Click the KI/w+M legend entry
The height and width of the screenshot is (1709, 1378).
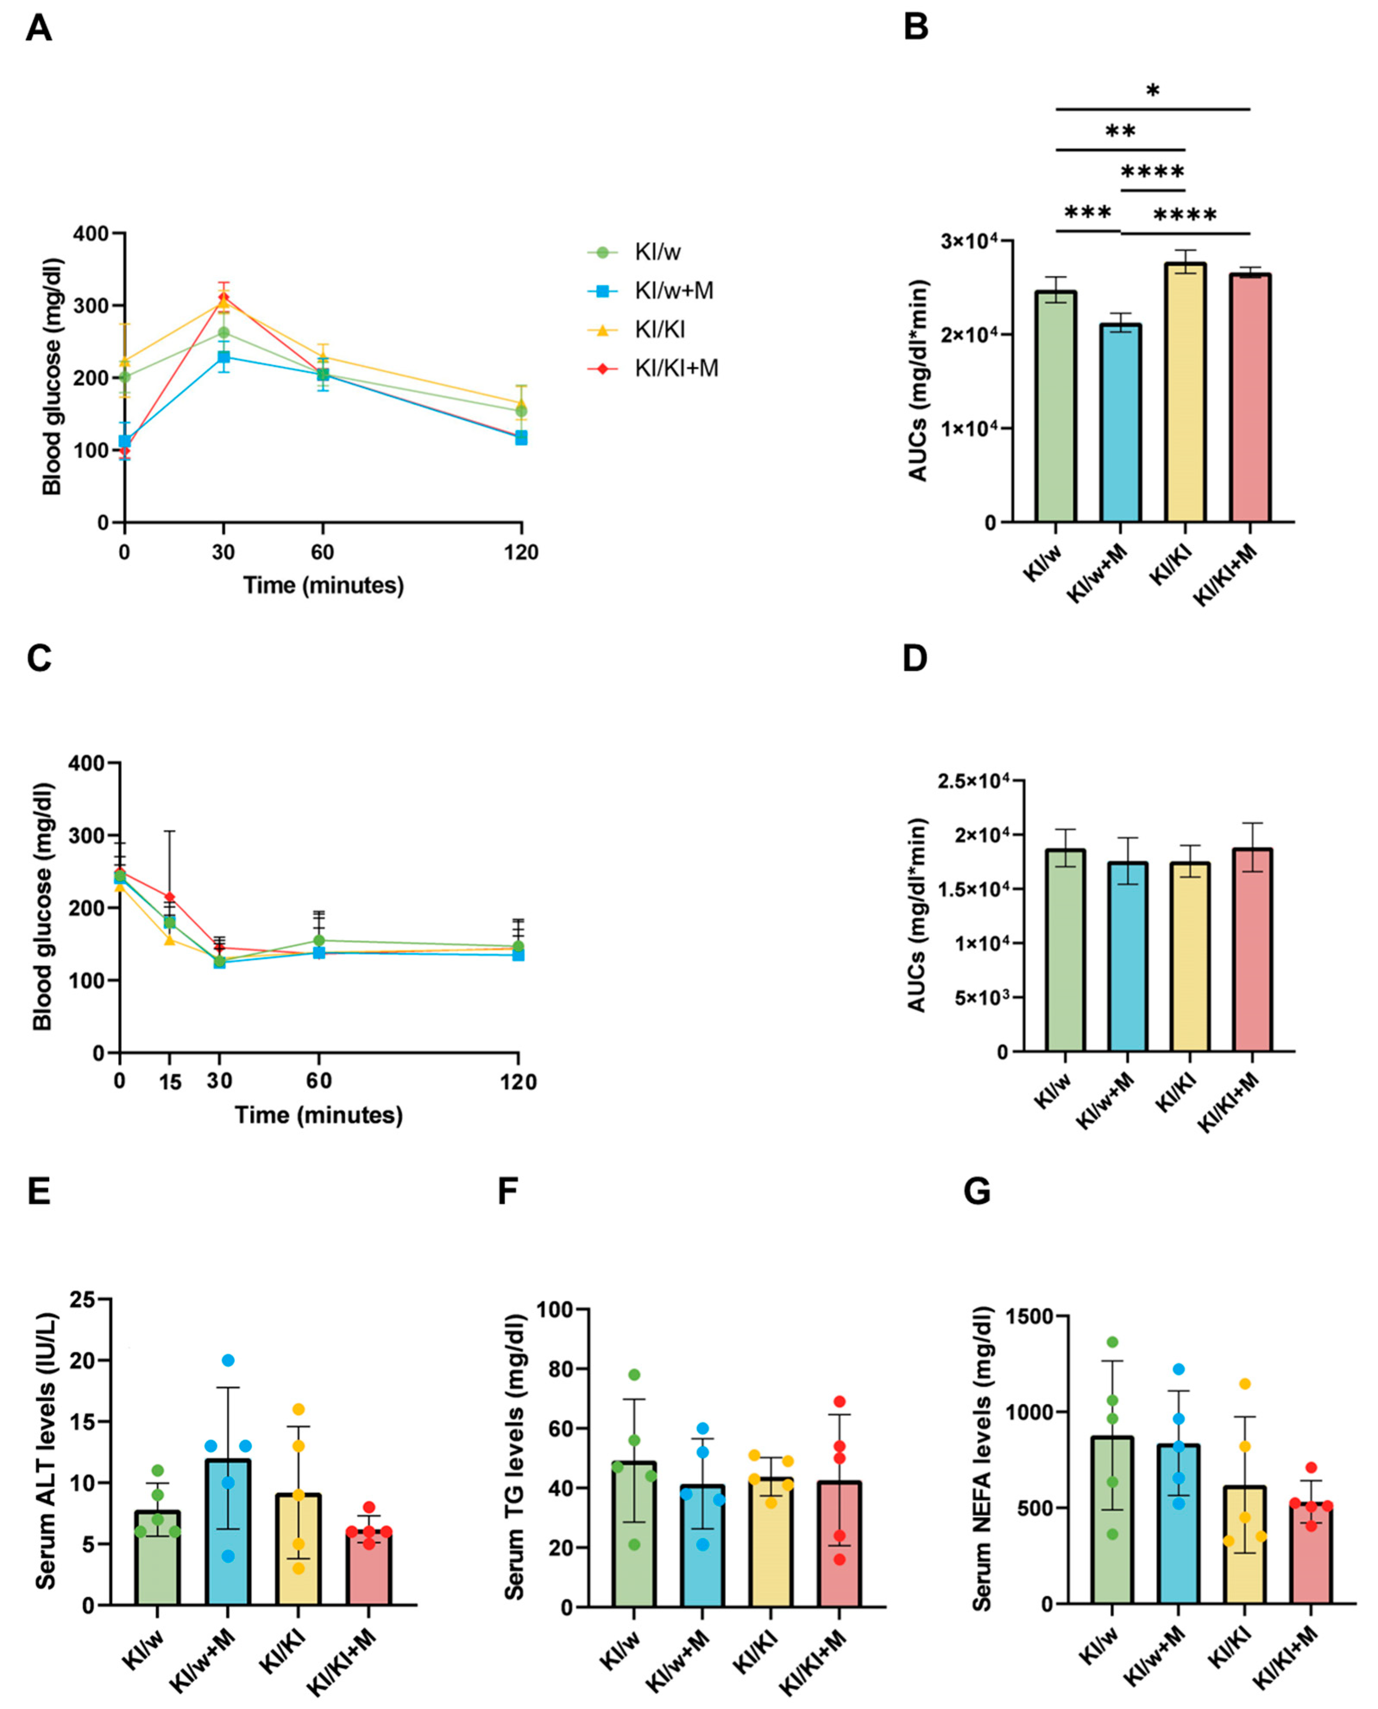click(x=673, y=291)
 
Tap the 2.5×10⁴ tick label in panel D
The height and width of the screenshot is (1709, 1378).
click(x=973, y=781)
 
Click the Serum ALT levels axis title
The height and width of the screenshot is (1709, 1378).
click(x=46, y=1460)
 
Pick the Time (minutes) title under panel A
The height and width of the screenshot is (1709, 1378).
click(x=323, y=585)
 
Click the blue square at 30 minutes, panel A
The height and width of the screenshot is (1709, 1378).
click(x=224, y=357)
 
